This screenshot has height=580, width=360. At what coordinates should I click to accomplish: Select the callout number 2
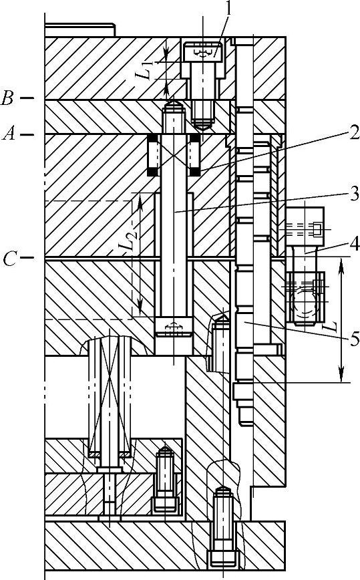[x=355, y=132]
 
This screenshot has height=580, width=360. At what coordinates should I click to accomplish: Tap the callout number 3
[x=354, y=192]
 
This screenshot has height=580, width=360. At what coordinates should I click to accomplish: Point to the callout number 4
[x=355, y=244]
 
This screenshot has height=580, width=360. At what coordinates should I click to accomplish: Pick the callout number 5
[x=355, y=339]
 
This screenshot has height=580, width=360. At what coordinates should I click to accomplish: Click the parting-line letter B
[x=7, y=98]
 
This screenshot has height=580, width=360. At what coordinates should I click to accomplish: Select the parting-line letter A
[x=9, y=134]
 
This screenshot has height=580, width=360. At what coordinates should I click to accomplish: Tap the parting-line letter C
[x=9, y=259]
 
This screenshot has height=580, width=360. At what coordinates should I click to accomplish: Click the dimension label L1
[x=148, y=70]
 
